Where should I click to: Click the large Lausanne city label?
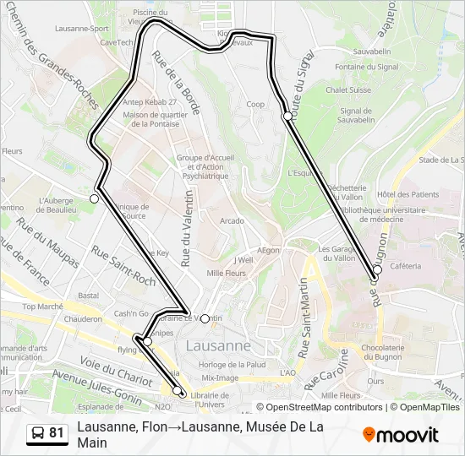pos(218,345)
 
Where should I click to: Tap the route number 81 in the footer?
pos(57,433)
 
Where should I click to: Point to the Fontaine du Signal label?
pos(354,67)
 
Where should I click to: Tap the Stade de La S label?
pos(441,159)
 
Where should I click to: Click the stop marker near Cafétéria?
pos(377,270)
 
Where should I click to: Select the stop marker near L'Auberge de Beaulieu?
pos(95,198)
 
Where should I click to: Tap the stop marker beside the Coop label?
pos(288,116)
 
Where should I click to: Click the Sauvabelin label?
pos(371,52)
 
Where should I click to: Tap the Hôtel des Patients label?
pos(408,194)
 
